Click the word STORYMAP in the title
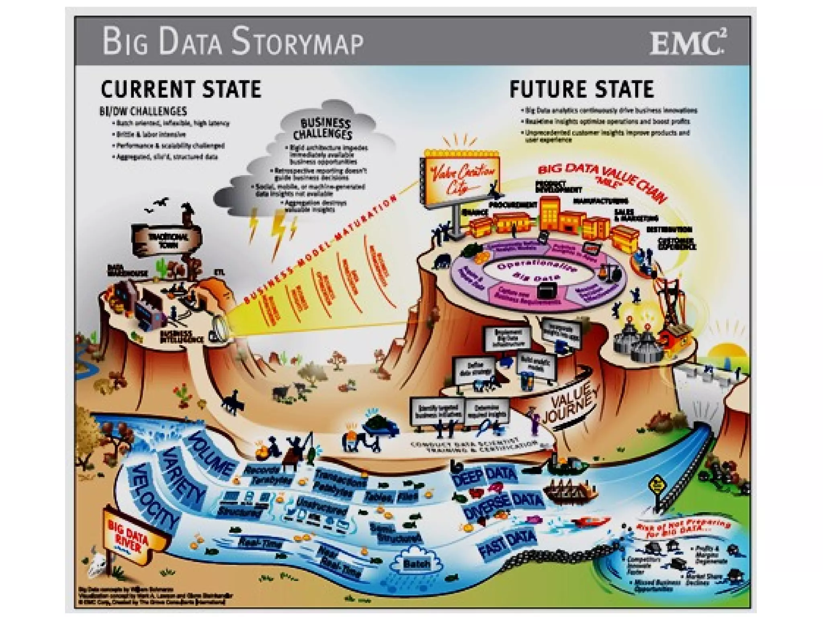(x=297, y=42)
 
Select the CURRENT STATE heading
(x=181, y=89)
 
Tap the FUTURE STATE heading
(x=581, y=89)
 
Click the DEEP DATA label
(x=484, y=476)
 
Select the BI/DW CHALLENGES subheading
(x=143, y=111)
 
